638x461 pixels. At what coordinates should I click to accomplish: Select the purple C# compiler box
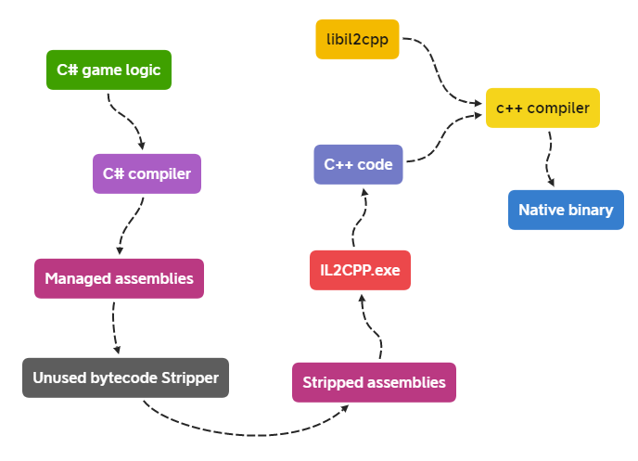(x=147, y=173)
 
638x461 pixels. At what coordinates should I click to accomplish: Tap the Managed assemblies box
(x=119, y=278)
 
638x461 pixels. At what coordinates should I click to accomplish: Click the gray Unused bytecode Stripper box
(x=125, y=378)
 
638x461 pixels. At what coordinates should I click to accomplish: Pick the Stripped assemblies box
(x=374, y=382)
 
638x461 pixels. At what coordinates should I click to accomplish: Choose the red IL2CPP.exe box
(x=359, y=270)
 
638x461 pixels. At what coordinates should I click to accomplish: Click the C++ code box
(x=358, y=164)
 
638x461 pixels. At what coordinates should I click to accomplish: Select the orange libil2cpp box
(x=357, y=39)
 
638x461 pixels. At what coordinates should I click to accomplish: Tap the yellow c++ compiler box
(x=542, y=109)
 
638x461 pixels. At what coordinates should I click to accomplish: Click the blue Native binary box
(x=566, y=210)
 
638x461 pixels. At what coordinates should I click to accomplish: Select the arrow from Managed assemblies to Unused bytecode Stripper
(x=113, y=326)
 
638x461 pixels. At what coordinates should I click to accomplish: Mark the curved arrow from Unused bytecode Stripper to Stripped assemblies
(x=250, y=432)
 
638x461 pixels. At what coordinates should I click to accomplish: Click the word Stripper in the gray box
(x=191, y=378)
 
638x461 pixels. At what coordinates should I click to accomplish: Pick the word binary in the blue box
(x=591, y=210)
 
